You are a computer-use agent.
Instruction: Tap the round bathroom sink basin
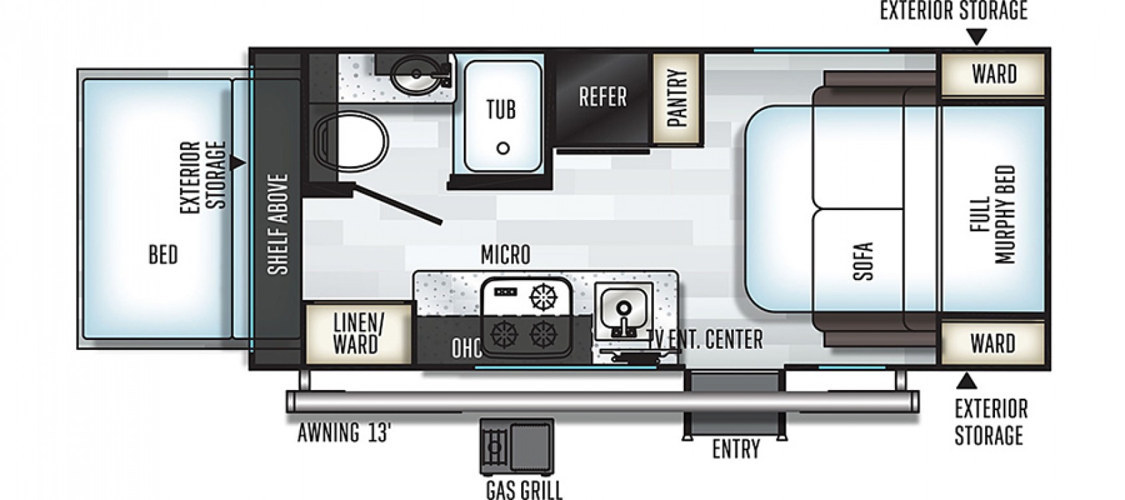[415, 75]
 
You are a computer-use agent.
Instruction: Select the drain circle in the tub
[503, 148]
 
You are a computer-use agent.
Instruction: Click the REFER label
[602, 97]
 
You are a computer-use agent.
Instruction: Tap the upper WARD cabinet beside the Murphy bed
[993, 75]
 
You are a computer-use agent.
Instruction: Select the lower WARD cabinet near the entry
[993, 344]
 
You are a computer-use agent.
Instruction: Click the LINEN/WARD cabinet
[358, 333]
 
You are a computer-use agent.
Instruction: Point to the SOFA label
[863, 261]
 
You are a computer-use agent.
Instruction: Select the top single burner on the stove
[545, 297]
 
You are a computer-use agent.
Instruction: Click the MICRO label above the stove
[505, 255]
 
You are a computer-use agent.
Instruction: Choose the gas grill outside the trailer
[517, 447]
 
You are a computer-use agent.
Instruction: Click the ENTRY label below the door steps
[736, 449]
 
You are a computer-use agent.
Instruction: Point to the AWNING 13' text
[344, 433]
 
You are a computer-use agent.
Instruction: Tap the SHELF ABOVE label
[278, 224]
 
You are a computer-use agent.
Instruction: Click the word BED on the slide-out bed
[163, 255]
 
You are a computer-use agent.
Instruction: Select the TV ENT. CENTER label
[705, 340]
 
